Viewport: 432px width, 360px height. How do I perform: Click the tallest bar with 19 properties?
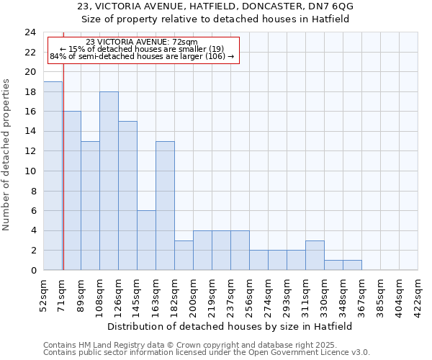(x=53, y=176)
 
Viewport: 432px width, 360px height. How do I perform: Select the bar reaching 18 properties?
(x=109, y=181)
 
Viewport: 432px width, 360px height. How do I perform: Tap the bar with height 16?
(x=71, y=191)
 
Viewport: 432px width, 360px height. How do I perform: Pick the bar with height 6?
(x=146, y=240)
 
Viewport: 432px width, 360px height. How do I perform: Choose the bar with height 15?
(x=127, y=196)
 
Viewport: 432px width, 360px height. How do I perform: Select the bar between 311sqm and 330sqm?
(x=315, y=256)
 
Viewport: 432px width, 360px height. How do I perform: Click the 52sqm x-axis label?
(x=43, y=292)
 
